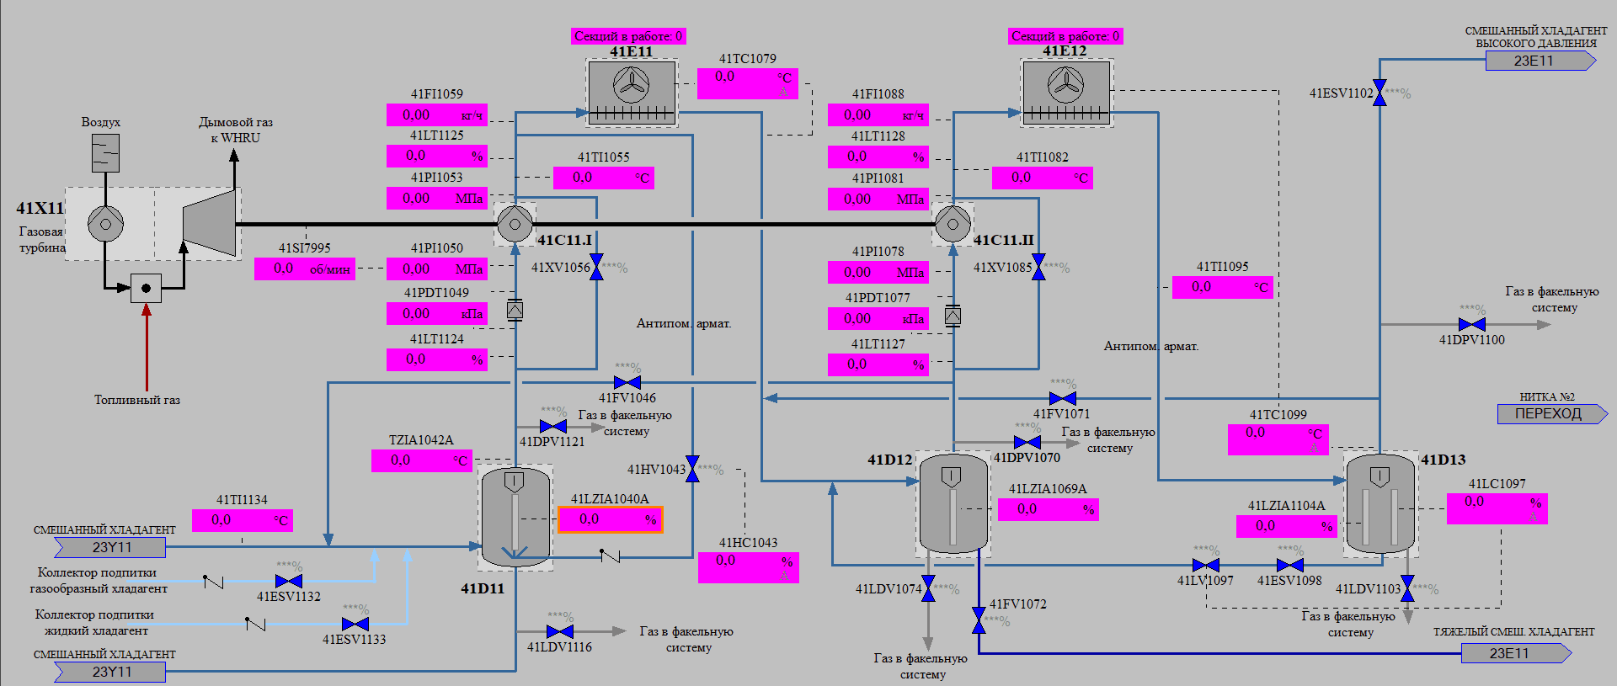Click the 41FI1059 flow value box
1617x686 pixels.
coord(436,114)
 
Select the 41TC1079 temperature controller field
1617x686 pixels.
coord(747,83)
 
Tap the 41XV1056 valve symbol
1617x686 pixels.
coord(596,267)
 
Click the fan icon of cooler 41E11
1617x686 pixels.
coord(631,84)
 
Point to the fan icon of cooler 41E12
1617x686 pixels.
coord(1065,84)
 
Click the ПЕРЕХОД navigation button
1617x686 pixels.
coord(1548,413)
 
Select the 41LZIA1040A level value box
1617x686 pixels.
coord(610,519)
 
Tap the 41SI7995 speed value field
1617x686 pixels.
coord(304,269)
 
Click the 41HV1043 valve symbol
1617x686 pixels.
coord(692,469)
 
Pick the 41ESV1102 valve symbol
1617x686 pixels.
coord(1380,93)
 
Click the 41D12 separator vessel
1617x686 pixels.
coord(953,503)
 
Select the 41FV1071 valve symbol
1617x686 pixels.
coord(1063,398)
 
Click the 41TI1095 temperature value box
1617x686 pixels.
coord(1222,287)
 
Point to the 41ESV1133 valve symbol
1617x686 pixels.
coord(355,624)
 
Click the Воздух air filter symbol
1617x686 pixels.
coord(105,153)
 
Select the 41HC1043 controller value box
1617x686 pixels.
coord(748,567)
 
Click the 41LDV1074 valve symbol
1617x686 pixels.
coord(928,588)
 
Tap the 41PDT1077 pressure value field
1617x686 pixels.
coord(878,318)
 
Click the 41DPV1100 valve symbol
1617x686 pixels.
coord(1472,324)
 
